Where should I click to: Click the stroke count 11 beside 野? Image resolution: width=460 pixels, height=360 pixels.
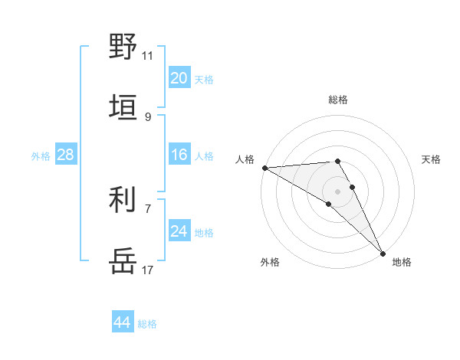tap(148, 55)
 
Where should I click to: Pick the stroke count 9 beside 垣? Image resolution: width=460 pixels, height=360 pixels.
tap(148, 116)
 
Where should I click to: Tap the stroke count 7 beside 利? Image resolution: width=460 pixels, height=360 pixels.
tap(148, 208)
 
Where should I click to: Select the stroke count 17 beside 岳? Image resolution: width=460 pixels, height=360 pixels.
tap(148, 270)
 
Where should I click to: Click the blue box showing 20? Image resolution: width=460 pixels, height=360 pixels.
tap(179, 78)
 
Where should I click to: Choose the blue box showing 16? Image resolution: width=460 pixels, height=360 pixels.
tap(179, 155)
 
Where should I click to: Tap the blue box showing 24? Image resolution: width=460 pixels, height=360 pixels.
tap(179, 231)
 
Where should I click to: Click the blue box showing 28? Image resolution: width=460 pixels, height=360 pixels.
tap(65, 155)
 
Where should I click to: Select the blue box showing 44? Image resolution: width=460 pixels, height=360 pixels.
tap(122, 322)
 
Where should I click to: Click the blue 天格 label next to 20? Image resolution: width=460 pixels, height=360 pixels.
tap(204, 79)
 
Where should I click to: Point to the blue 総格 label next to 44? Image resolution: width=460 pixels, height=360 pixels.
tap(147, 324)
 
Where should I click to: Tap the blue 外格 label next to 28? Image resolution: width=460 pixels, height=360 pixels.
tap(41, 155)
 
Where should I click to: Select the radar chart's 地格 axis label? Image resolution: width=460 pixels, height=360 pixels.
tap(402, 262)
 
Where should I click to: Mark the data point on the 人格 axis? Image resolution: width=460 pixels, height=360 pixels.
tap(264, 168)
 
